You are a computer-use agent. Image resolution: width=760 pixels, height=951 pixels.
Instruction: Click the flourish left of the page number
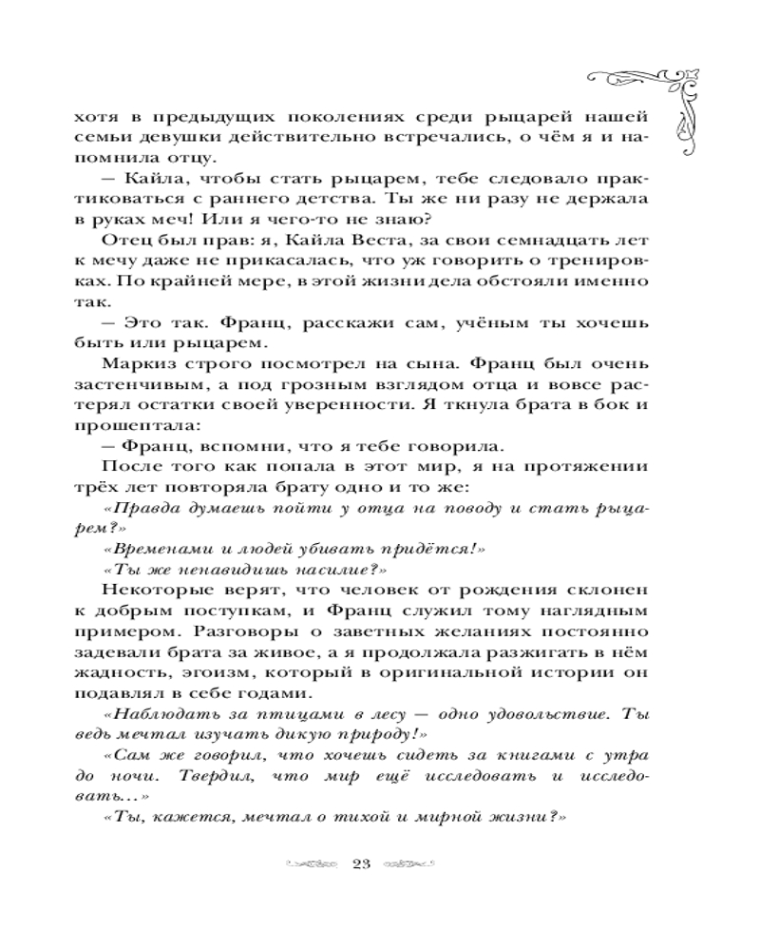point(311,864)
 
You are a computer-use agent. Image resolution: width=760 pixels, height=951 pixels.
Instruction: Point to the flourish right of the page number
point(409,864)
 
